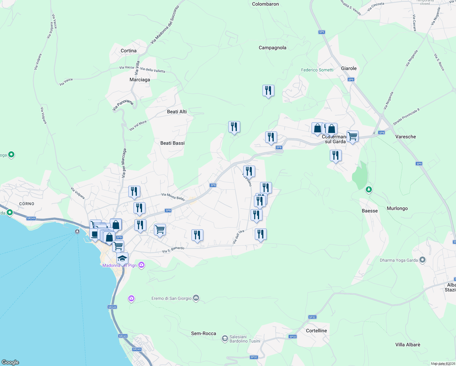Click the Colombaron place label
pos(265,4)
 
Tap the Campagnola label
pos(272,48)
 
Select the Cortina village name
pos(128,51)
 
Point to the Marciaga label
pos(140,80)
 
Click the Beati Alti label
pos(177,112)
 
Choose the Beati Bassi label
pos(172,143)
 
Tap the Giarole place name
pos(349,68)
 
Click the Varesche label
pos(405,137)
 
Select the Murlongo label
pos(397,208)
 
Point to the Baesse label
pos(369,211)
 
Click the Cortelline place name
pos(316,331)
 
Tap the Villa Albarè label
pos(408,345)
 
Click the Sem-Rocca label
pos(203,333)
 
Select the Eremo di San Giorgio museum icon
pos(196,298)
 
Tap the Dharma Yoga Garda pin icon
pos(422,260)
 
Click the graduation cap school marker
pos(122,258)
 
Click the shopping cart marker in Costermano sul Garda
pos(352,136)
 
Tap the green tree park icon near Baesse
pos(369,190)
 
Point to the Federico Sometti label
pos(317,70)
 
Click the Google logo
pos(10,362)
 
